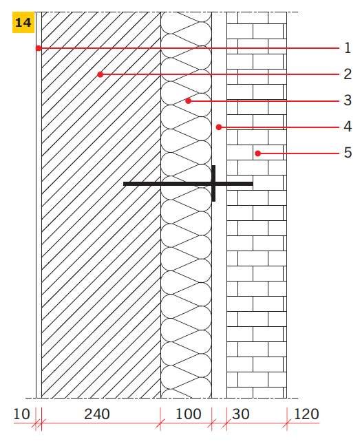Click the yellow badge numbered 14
pyautogui.click(x=23, y=22)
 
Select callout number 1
pyautogui.click(x=348, y=47)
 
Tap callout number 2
pyautogui.click(x=348, y=74)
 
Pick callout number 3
pyautogui.click(x=348, y=100)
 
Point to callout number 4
pyautogui.click(x=348, y=126)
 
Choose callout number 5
pyautogui.click(x=348, y=153)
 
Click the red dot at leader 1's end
pyautogui.click(x=39, y=48)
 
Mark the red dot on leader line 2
pyautogui.click(x=100, y=74)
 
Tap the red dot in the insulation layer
pyautogui.click(x=188, y=100)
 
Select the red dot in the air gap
pyautogui.click(x=218, y=127)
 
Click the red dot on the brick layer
pyautogui.click(x=257, y=153)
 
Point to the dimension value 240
pyautogui.click(x=96, y=414)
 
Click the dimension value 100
pyautogui.click(x=189, y=414)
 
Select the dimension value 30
pyautogui.click(x=241, y=414)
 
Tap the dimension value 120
pyautogui.click(x=306, y=414)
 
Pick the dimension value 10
pyautogui.click(x=21, y=414)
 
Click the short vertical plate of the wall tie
pyautogui.click(x=213, y=184)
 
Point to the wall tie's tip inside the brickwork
pyautogui.click(x=253, y=184)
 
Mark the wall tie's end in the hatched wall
pyautogui.click(x=123, y=184)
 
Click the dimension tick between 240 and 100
pyautogui.click(x=160, y=423)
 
